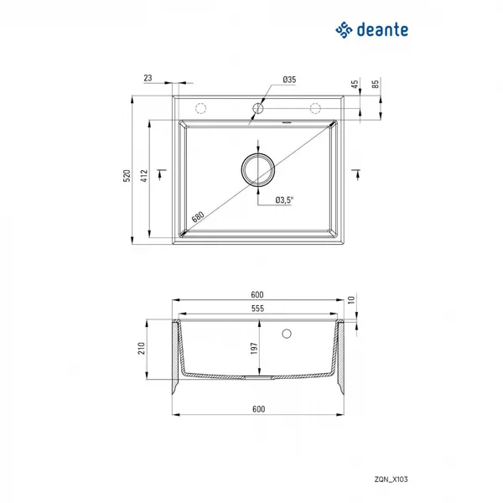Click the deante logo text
pos(382,30)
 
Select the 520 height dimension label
pos(127,176)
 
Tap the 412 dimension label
pos(144,176)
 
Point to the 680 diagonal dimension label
pos(198,217)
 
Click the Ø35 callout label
pos(289,80)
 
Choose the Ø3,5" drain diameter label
pos(284,200)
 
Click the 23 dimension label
pos(148,78)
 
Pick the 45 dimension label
pos(355,85)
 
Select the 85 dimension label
pos(375,85)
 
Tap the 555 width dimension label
pos(257,309)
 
